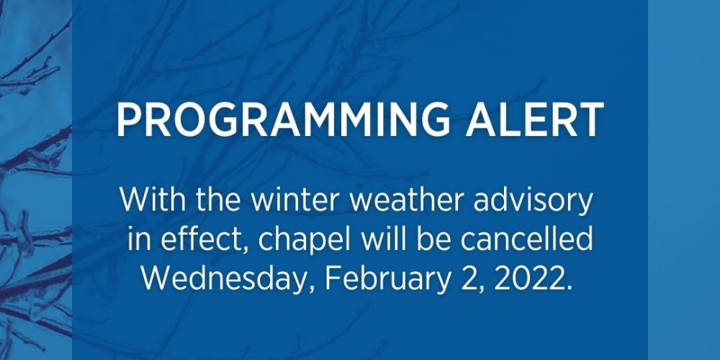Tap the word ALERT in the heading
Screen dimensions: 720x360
(x=534, y=120)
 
